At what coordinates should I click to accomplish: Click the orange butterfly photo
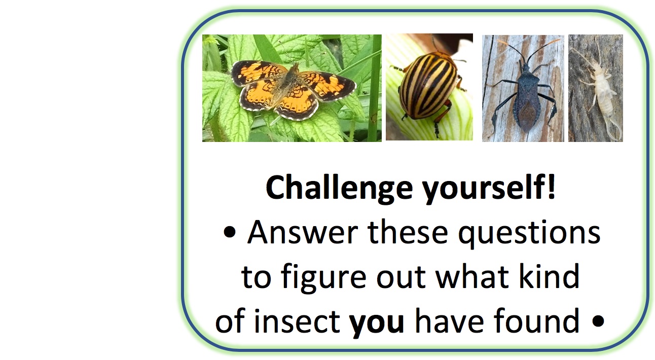click(x=292, y=88)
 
